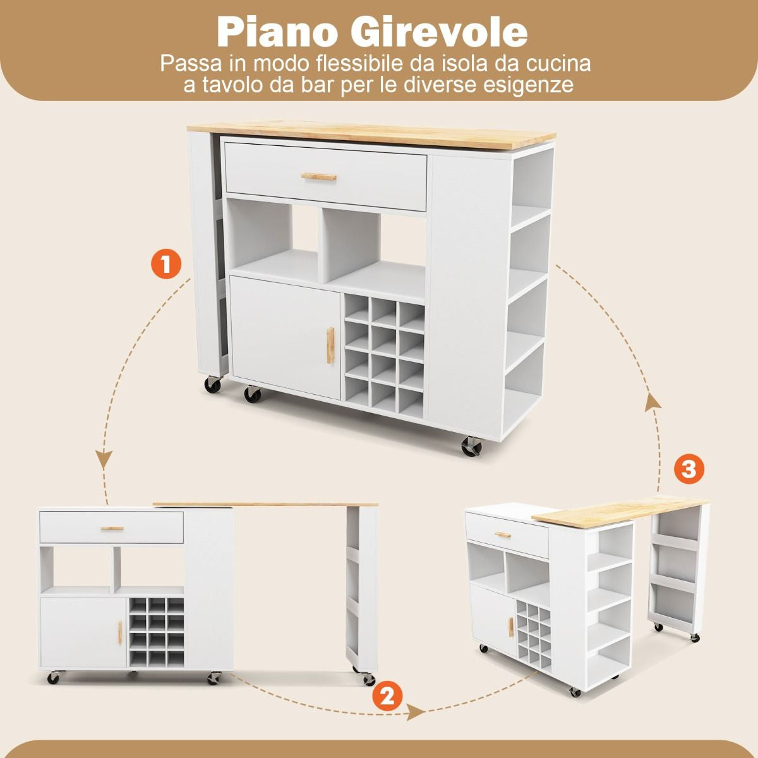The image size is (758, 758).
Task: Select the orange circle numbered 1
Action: pos(166,264)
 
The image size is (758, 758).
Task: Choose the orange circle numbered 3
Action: pos(689,469)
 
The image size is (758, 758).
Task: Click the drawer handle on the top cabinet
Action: pos(318,177)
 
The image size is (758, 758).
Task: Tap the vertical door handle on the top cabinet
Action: pos(330,346)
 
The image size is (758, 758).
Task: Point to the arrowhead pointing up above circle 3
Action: pos(653,404)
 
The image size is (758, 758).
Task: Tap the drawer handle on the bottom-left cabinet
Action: pos(112,528)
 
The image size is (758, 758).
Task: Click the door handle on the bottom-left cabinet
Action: pos(120,633)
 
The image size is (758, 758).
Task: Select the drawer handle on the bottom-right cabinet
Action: pos(503,534)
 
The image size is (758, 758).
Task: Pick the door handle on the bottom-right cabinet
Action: pos(510,627)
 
